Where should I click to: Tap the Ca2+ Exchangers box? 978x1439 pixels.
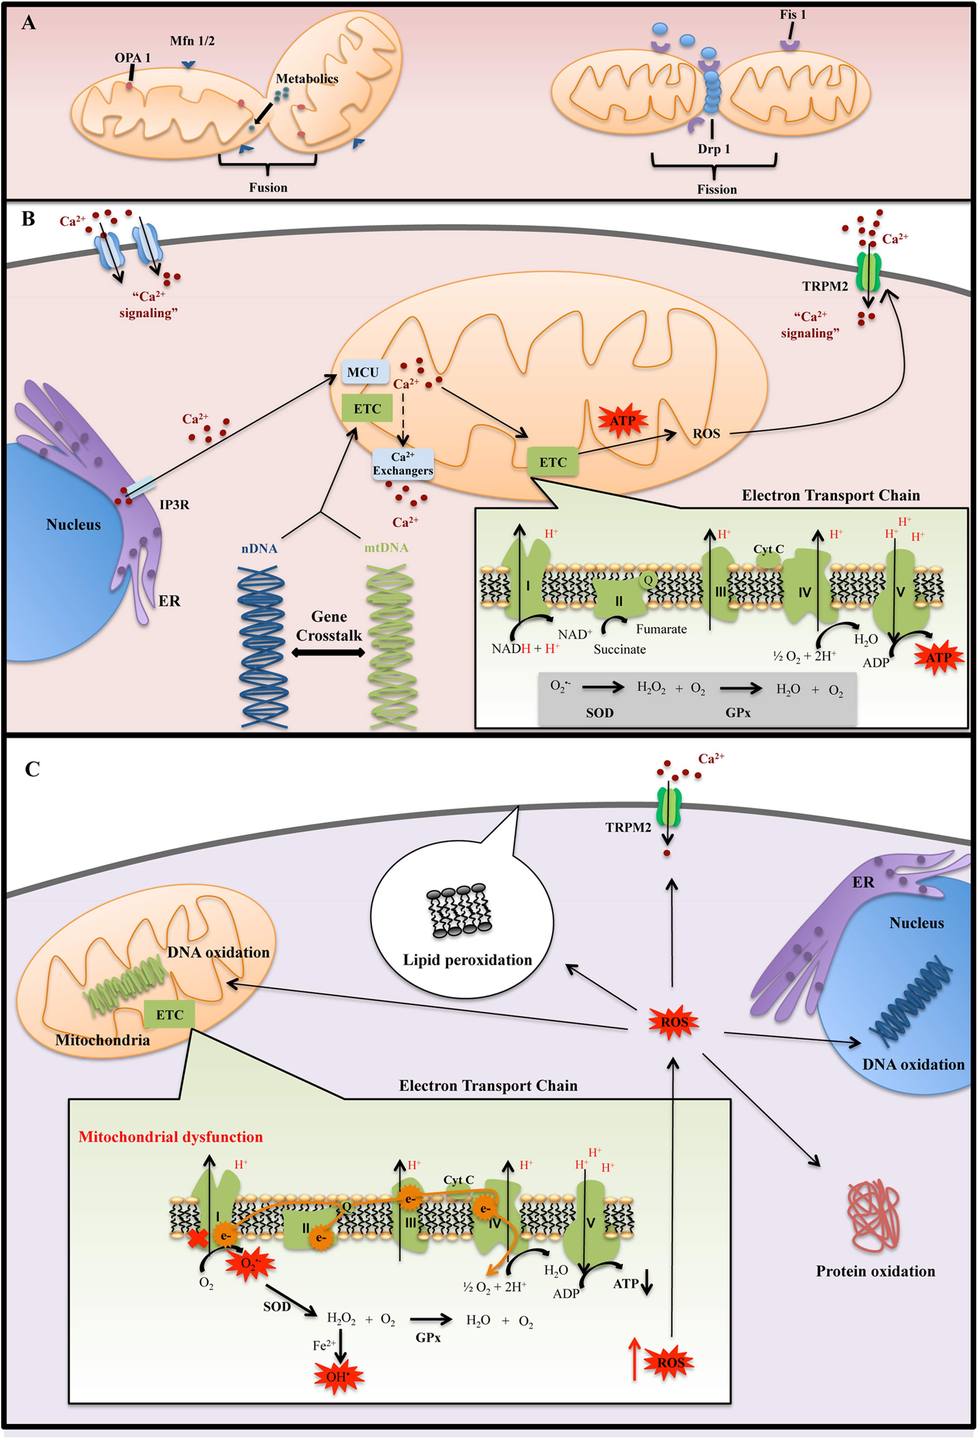[403, 464]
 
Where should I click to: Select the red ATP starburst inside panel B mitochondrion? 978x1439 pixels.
[623, 421]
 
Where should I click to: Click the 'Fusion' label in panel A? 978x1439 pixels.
[268, 187]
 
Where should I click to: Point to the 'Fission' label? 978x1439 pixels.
[717, 190]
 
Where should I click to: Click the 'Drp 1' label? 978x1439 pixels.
[714, 149]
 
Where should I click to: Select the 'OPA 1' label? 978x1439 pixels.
[132, 58]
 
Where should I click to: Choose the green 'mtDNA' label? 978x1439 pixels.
[386, 548]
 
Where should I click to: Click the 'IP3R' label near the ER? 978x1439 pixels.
[175, 504]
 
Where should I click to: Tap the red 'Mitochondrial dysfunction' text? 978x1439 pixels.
[171, 1137]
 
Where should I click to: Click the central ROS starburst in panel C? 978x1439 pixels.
[674, 1022]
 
